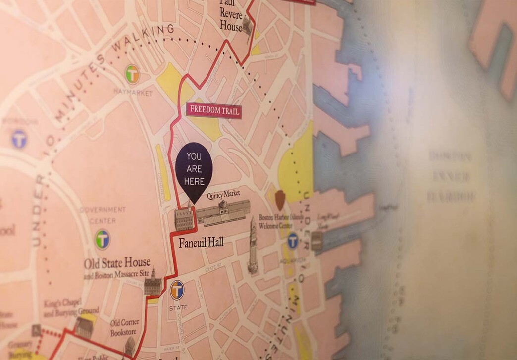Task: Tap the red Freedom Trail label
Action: [x=214, y=110]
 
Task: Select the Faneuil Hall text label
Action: [x=201, y=243]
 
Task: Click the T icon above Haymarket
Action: [x=132, y=74]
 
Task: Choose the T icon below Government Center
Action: [x=103, y=239]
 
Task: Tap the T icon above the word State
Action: [x=177, y=290]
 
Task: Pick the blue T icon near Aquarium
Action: [x=293, y=241]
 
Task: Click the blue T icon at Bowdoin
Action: [x=19, y=139]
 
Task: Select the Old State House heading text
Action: [x=117, y=263]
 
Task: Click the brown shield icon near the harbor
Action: [x=280, y=197]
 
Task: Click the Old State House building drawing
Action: [x=153, y=283]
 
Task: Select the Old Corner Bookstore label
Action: [x=124, y=328]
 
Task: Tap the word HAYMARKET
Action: [x=133, y=93]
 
